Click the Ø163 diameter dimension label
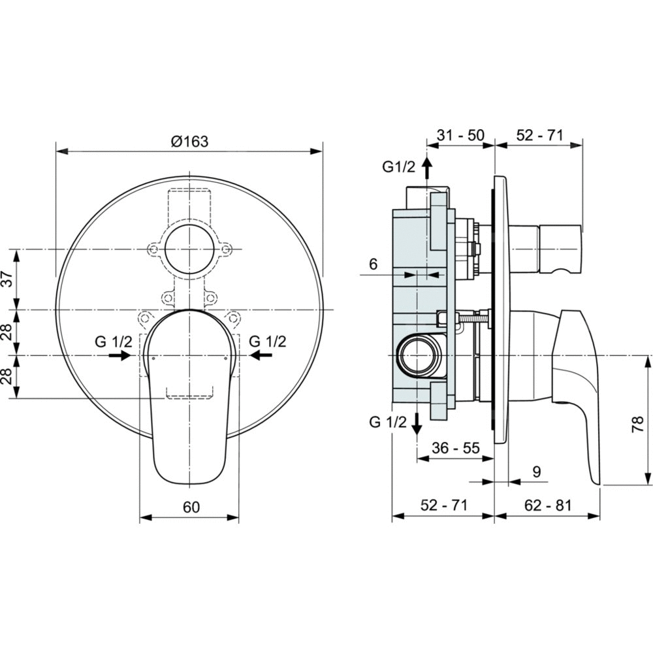pyautogui.click(x=189, y=142)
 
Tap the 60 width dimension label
pyautogui.click(x=191, y=507)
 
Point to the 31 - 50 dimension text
pyautogui.click(x=460, y=135)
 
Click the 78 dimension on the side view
pyautogui.click(x=639, y=425)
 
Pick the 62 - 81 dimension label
pyautogui.click(x=548, y=505)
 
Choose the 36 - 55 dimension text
pyautogui.click(x=456, y=448)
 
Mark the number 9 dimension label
pyautogui.click(x=536, y=472)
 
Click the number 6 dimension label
pyautogui.click(x=373, y=264)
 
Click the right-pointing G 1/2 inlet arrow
pyautogui.click(x=120, y=355)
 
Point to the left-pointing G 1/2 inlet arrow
pyautogui.click(x=261, y=355)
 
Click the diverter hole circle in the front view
pyautogui.click(x=189, y=249)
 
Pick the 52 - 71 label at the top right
pyautogui.click(x=540, y=135)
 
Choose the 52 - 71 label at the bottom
pyautogui.click(x=444, y=505)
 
